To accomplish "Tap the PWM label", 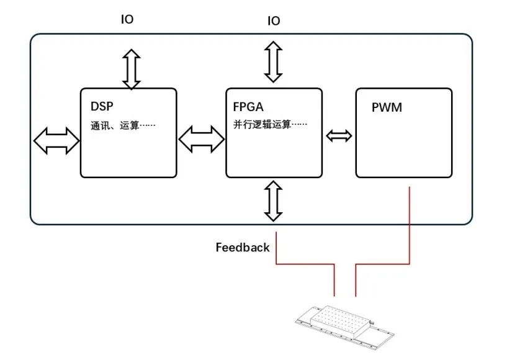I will click(387, 107).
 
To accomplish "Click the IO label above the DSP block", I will click(127, 19).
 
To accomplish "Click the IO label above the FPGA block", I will click(274, 21).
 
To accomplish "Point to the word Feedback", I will click(243, 248).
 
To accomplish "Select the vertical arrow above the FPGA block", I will click(273, 61).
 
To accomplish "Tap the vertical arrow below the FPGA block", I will click(273, 200).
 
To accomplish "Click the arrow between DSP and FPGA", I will click(202, 138).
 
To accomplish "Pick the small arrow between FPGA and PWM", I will click(339, 135).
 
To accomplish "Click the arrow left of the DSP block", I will click(56, 141).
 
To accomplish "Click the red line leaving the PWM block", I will click(410, 230).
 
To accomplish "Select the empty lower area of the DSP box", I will click(128, 158).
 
